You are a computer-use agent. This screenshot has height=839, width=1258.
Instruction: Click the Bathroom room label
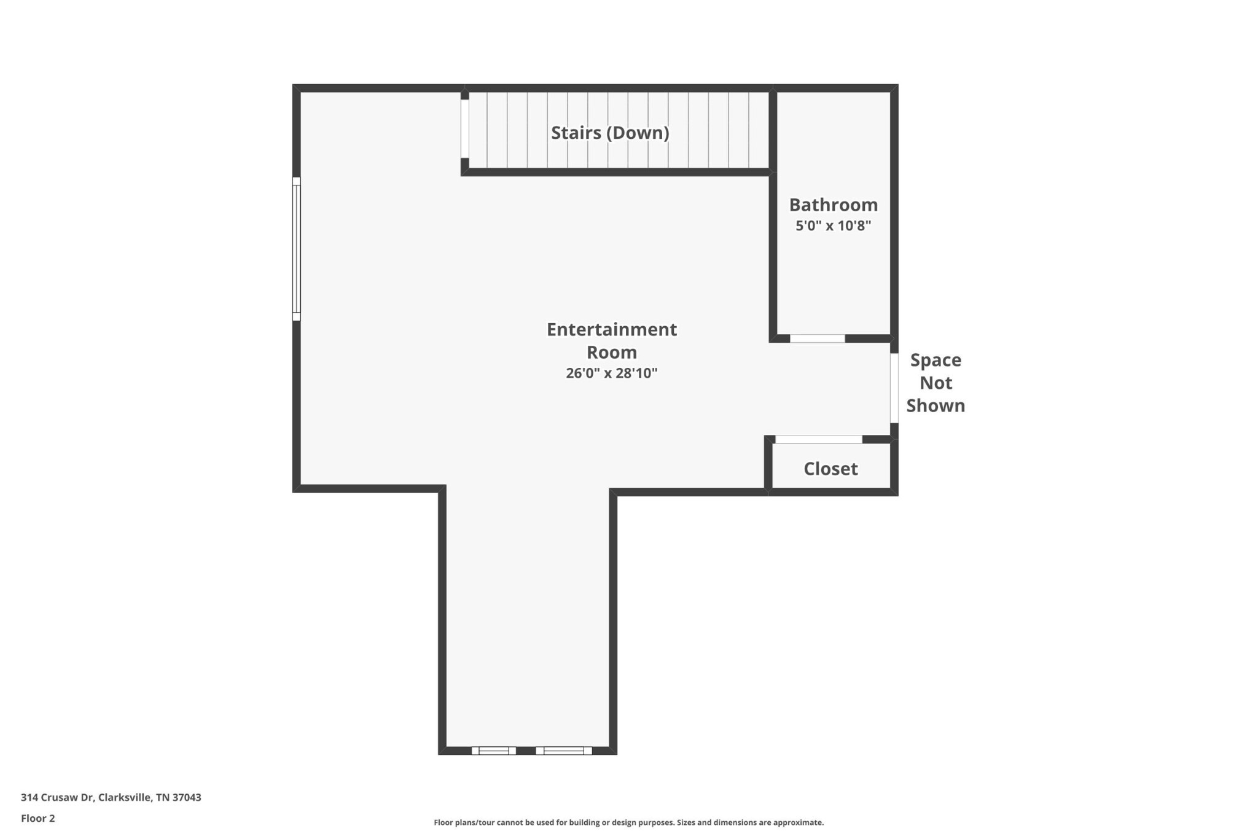[833, 205]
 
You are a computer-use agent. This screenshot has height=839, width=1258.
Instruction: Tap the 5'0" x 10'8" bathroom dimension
[833, 225]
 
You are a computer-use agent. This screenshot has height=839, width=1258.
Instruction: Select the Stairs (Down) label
[610, 133]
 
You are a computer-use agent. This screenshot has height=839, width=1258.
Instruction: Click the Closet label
[830, 469]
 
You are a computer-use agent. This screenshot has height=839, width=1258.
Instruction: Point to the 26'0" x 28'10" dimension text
[612, 373]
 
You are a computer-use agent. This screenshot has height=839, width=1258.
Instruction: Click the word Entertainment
[612, 329]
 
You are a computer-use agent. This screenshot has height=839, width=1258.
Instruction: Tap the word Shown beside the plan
[936, 405]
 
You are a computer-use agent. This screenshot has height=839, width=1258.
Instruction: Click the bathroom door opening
[818, 338]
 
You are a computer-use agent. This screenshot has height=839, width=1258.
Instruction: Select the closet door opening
[819, 439]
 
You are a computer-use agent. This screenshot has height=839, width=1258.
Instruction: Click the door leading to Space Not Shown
[894, 388]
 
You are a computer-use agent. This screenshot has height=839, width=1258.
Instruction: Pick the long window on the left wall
[296, 249]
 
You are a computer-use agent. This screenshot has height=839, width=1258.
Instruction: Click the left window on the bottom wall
[494, 751]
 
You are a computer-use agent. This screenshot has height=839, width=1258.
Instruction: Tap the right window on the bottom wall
[564, 751]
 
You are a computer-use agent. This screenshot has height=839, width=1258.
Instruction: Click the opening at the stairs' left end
[465, 129]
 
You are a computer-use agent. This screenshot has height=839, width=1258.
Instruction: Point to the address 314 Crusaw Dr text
[57, 797]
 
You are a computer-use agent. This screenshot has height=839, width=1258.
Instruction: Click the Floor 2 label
[38, 818]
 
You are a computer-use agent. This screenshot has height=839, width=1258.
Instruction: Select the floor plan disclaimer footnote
[628, 822]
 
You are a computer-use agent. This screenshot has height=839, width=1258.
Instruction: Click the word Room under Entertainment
[612, 352]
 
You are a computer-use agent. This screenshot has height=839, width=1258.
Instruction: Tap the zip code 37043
[187, 797]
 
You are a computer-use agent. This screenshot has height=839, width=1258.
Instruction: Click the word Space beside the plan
[936, 361]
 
